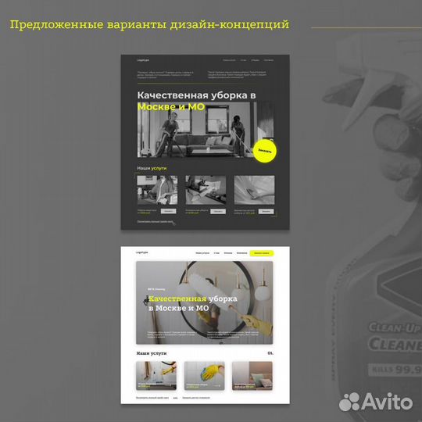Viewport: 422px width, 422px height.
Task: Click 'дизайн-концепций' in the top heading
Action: click(x=234, y=25)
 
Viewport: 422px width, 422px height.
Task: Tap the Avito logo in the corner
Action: click(x=375, y=402)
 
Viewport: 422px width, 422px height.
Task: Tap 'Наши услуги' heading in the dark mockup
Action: click(x=152, y=168)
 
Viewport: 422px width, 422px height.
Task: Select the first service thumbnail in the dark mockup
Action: click(x=157, y=190)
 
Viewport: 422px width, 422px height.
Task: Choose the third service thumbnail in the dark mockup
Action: click(x=254, y=190)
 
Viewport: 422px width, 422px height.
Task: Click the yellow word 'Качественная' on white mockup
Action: click(x=177, y=299)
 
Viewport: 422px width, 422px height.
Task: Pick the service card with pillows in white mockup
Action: click(x=252, y=375)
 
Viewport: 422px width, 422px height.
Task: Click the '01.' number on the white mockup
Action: click(x=270, y=353)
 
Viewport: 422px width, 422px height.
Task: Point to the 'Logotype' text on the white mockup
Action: click(x=142, y=252)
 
